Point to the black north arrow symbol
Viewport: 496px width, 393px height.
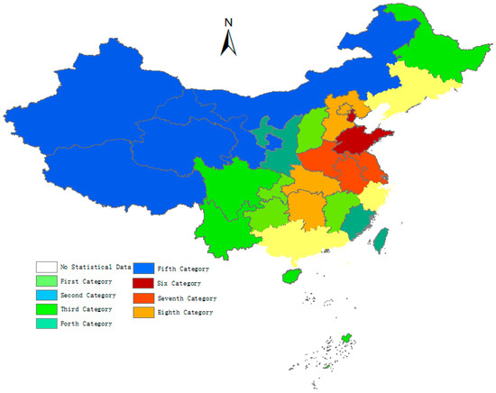click(229, 42)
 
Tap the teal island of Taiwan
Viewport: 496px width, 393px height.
click(381, 238)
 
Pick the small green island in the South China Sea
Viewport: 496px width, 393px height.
click(344, 339)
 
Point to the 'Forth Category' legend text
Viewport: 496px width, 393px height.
click(87, 323)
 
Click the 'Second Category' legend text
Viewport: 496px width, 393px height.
click(88, 295)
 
